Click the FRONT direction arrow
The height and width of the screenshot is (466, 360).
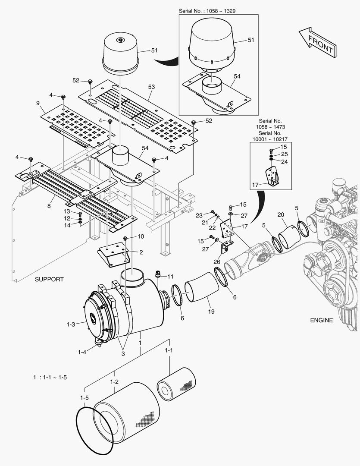point(317,42)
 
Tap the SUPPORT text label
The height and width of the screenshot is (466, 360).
point(49,279)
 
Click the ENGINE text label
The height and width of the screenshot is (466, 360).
point(321,320)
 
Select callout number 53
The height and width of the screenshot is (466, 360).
point(151,87)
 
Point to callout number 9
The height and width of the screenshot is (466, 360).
point(38,103)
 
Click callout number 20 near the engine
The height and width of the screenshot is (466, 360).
point(281,215)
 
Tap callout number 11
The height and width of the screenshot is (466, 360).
point(170,276)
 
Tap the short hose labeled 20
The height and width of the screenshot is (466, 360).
point(288,236)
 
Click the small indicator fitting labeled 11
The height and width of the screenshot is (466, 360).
point(158,275)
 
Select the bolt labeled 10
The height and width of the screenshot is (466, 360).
point(125,238)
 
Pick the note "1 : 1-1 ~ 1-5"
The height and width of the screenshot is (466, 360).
point(50,377)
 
